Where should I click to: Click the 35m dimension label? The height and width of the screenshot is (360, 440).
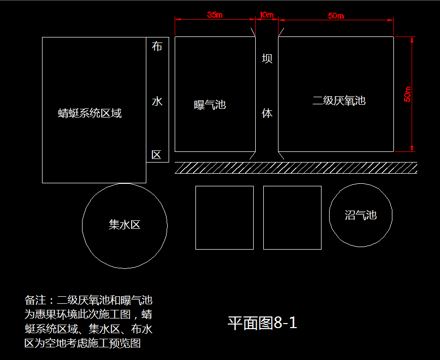[x=215, y=15]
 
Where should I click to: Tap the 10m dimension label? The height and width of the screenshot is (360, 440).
[x=266, y=15]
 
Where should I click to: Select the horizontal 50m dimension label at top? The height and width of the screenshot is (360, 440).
[x=336, y=16]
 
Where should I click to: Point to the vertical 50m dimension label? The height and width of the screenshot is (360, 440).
[x=408, y=94]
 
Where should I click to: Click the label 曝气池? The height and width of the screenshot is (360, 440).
[x=210, y=105]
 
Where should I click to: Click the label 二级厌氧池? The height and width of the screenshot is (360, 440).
[x=339, y=100]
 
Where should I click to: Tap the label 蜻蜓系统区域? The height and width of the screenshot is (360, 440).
[x=90, y=113]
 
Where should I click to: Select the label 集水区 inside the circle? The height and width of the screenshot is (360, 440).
[x=125, y=225]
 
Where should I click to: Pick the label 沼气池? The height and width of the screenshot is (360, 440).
[x=361, y=215]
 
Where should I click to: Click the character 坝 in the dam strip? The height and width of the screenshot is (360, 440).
[x=267, y=58]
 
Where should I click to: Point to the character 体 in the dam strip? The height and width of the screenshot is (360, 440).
[x=267, y=113]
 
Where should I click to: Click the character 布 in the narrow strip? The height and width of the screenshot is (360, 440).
[x=157, y=46]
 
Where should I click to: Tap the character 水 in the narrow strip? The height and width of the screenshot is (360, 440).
[x=157, y=101]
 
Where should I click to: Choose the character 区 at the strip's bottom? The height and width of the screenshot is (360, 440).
[x=156, y=155]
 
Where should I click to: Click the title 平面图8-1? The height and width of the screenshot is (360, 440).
[x=262, y=323]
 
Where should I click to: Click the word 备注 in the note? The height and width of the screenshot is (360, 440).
[x=35, y=300]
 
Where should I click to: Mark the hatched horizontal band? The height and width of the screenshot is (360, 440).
[x=296, y=168]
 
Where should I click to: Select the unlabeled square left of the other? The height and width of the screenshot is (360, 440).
[x=224, y=217]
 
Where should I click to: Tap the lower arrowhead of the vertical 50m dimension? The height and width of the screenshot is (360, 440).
[x=412, y=149]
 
